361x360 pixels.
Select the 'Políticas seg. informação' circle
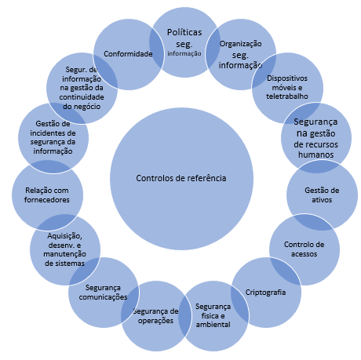(x=184, y=41)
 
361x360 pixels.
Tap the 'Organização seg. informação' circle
(x=239, y=55)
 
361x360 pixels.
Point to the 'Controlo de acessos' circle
(x=304, y=249)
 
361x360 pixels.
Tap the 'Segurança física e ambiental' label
(x=213, y=315)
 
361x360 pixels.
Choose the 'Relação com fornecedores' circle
(x=46, y=195)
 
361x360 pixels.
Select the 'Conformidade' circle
(x=127, y=53)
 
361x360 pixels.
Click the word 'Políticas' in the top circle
(x=184, y=32)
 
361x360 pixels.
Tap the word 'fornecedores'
(x=46, y=200)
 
